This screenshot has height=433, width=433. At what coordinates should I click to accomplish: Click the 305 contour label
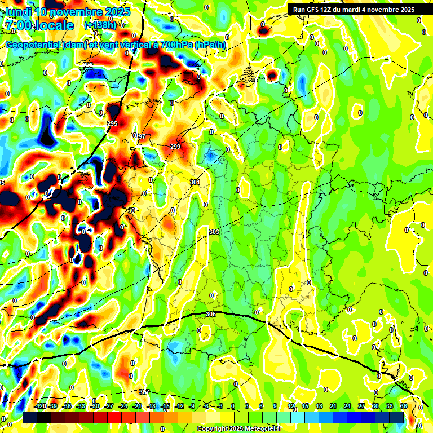(x=211, y=314)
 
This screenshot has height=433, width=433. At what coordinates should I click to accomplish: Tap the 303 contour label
(x=214, y=232)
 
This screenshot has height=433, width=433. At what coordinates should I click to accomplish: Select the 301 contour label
(x=195, y=182)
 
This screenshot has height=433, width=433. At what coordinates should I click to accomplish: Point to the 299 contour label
(x=175, y=147)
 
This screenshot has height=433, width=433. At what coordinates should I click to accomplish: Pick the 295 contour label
(x=112, y=123)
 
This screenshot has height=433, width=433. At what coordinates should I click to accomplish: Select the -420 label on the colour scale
(x=39, y=406)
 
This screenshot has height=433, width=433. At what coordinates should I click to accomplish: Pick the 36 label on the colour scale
(x=404, y=406)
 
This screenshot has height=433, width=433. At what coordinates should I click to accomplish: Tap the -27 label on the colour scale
(x=110, y=406)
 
